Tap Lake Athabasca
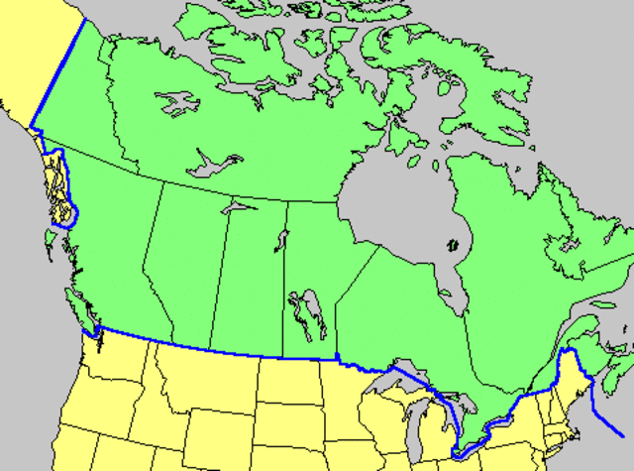(238, 209)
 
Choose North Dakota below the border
(297, 382)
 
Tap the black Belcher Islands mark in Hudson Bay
(455, 243)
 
